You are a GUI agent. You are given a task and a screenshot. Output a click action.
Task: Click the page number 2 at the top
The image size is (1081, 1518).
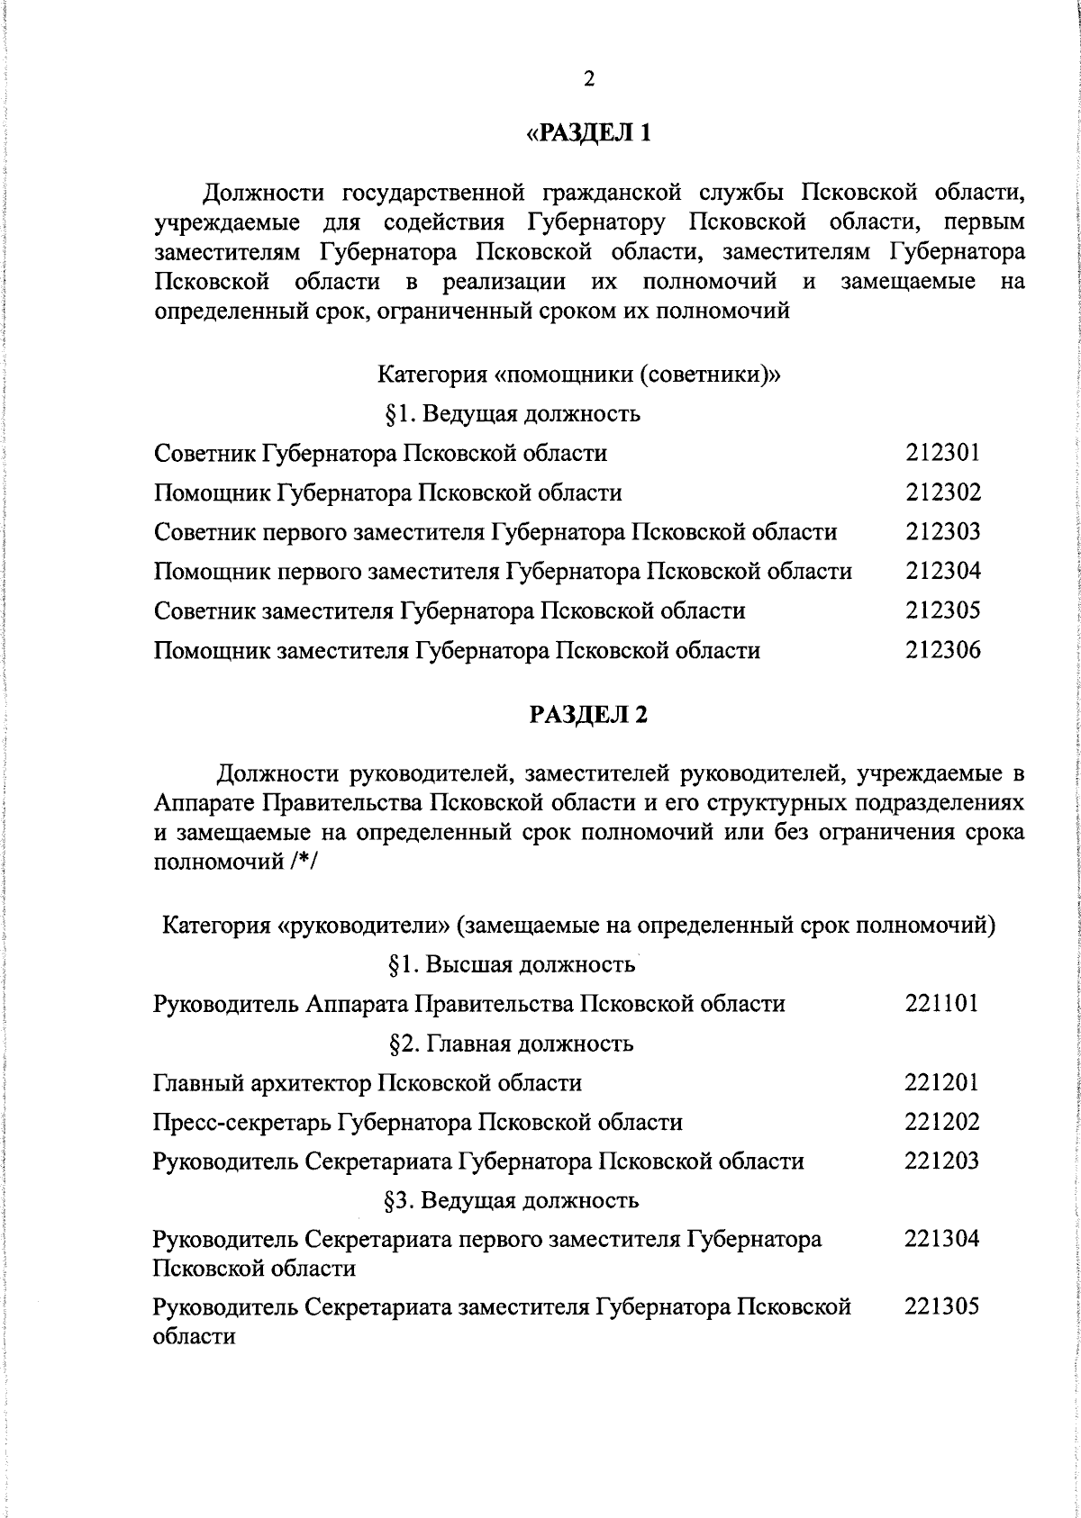click(x=589, y=79)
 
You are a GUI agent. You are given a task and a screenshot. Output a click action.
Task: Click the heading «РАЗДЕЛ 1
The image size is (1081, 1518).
click(x=588, y=134)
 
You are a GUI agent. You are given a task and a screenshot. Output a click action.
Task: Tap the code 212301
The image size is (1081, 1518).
click(x=942, y=452)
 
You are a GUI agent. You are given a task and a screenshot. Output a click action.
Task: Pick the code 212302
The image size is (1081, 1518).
click(x=942, y=492)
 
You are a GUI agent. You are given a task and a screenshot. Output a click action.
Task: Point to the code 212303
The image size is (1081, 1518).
click(x=942, y=531)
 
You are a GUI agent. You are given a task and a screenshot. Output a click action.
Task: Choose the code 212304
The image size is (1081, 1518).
click(x=942, y=571)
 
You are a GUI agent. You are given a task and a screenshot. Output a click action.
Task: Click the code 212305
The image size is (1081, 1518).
click(x=942, y=610)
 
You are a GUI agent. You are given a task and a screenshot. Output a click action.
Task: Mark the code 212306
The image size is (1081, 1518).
click(x=942, y=650)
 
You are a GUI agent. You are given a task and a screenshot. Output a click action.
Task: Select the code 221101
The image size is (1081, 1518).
click(x=941, y=1003)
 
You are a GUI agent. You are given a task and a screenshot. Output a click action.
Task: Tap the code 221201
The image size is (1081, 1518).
click(x=941, y=1082)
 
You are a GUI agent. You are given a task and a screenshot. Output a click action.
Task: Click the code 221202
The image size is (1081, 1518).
click(x=941, y=1122)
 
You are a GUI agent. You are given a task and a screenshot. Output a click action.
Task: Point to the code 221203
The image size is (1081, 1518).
click(x=941, y=1161)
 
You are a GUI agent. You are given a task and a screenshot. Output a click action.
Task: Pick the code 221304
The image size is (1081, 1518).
click(x=941, y=1239)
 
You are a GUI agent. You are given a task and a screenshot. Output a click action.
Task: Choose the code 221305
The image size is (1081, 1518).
click(x=941, y=1306)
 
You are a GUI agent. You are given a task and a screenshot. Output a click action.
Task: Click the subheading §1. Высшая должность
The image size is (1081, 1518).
click(x=512, y=965)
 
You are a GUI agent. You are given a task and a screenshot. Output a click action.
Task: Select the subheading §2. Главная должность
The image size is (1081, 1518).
click(x=511, y=1044)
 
